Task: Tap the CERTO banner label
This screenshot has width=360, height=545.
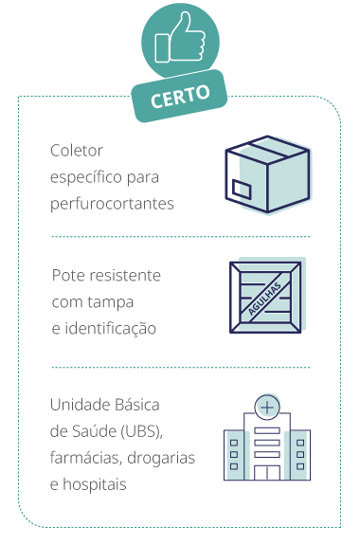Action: coord(180,94)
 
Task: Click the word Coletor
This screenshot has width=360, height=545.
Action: coord(76,151)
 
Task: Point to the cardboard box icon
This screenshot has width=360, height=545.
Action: coord(265,177)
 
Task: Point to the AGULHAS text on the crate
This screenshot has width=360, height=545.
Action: coord(266,296)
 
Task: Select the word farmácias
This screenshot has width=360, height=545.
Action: coord(85,458)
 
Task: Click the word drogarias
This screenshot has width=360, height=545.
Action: coord(162,458)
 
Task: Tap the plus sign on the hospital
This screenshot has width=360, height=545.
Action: coord(267,406)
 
